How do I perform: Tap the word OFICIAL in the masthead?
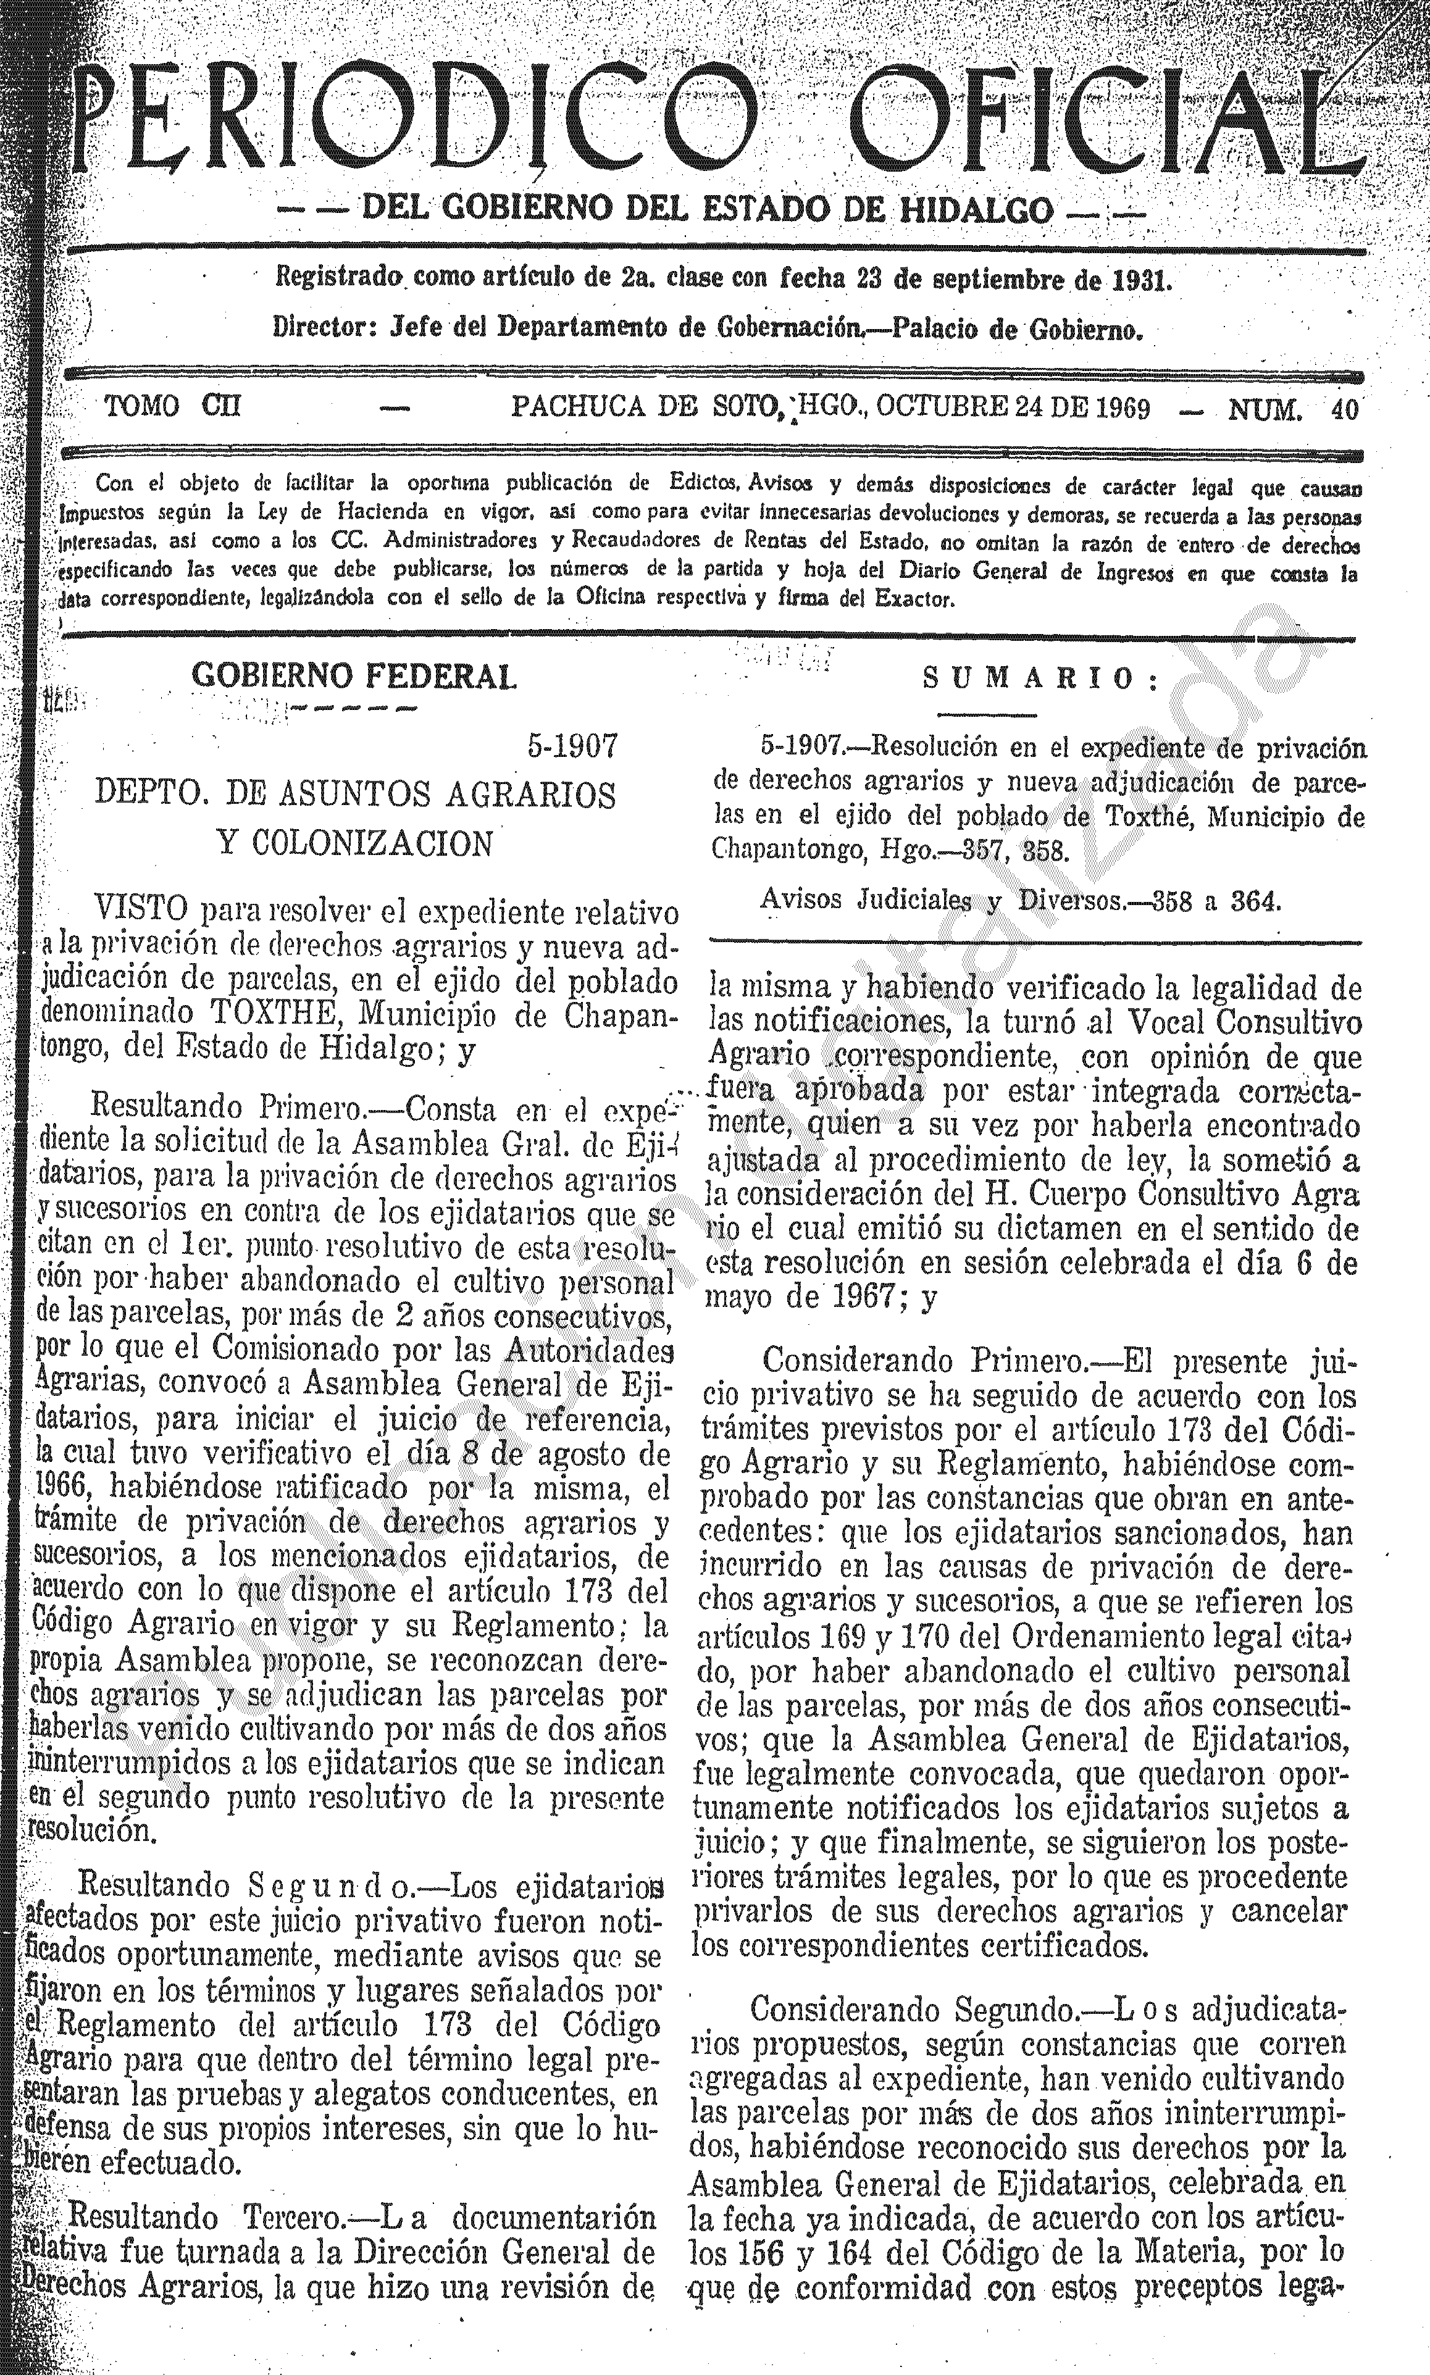[1108, 120]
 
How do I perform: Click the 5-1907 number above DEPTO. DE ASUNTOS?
[571, 746]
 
